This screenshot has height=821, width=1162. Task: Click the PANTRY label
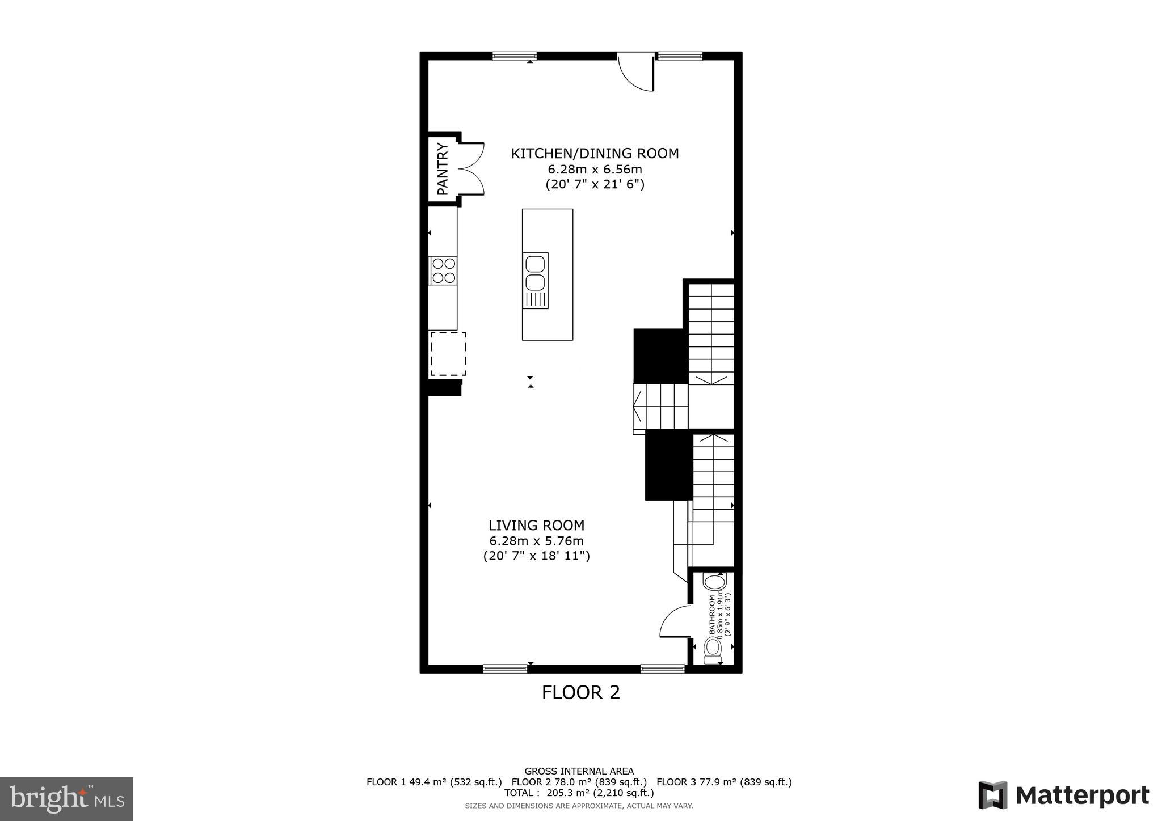pyautogui.click(x=443, y=170)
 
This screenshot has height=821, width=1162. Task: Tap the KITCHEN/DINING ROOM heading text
pyautogui.click(x=595, y=154)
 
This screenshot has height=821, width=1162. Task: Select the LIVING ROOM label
pyautogui.click(x=536, y=526)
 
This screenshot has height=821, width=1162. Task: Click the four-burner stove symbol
pyautogui.click(x=443, y=270)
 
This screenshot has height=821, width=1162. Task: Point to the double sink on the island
pyautogui.click(x=536, y=273)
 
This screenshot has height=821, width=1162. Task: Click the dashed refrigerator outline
pyautogui.click(x=448, y=354)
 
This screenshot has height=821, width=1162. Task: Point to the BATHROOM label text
pyautogui.click(x=712, y=615)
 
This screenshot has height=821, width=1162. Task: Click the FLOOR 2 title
pyautogui.click(x=580, y=692)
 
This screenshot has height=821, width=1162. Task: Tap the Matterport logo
pyautogui.click(x=1063, y=795)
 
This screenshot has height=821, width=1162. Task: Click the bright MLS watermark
pyautogui.click(x=66, y=799)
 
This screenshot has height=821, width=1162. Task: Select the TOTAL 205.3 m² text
pyautogui.click(x=579, y=793)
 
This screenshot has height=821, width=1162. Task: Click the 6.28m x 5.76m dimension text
pyautogui.click(x=536, y=541)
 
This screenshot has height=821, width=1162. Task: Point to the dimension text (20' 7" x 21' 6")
pyautogui.click(x=595, y=184)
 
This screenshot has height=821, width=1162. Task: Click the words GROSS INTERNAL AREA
pyautogui.click(x=579, y=771)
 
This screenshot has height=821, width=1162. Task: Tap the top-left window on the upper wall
pyautogui.click(x=514, y=56)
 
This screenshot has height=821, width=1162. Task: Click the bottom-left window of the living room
pyautogui.click(x=504, y=669)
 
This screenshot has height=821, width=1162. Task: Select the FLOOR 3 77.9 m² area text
pyautogui.click(x=724, y=782)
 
